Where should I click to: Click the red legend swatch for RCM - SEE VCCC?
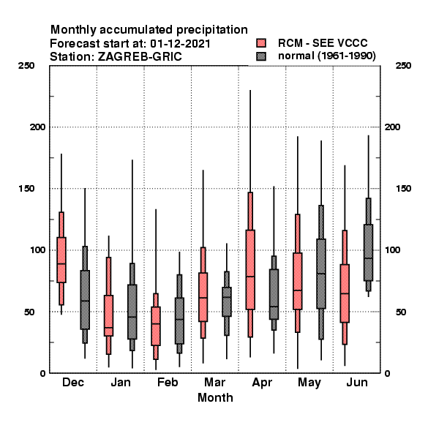[261, 43]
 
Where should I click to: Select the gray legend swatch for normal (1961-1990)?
[261, 56]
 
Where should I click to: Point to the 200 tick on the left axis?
[37, 127]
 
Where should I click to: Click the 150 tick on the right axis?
[403, 189]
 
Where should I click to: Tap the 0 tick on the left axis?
[42, 373]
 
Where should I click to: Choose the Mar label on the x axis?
[214, 382]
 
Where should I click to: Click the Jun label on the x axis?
[357, 382]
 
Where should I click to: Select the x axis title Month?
[215, 397]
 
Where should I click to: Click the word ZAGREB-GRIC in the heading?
[140, 57]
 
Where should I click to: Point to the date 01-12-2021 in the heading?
[180, 44]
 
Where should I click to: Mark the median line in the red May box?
[298, 290]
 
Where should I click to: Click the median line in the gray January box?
[132, 317]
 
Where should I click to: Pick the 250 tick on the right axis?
[403, 66]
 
